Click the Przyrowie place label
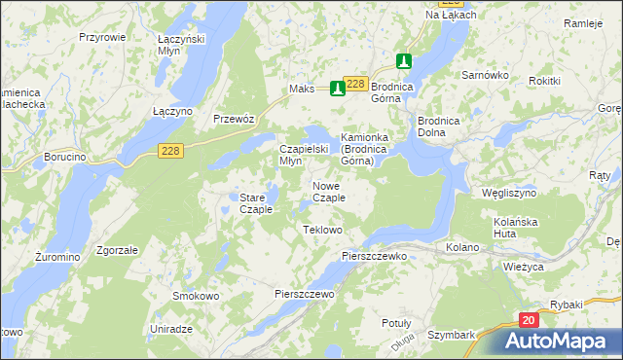102,36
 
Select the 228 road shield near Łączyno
171,148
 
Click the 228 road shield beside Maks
356,84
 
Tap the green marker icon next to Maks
338,89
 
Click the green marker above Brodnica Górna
404,60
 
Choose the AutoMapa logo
560,342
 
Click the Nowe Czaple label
328,192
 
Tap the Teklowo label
322,230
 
